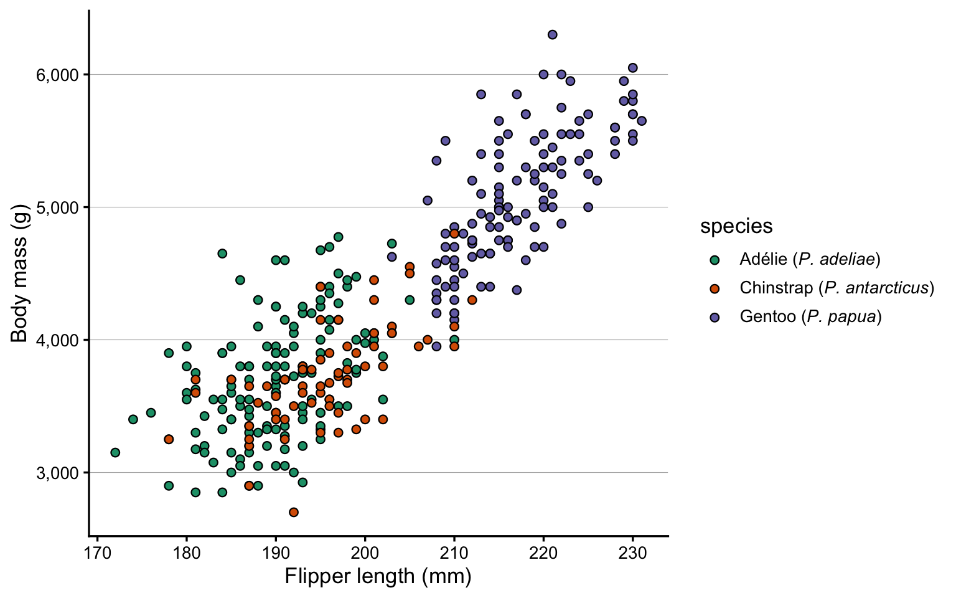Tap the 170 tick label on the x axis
(x=97, y=553)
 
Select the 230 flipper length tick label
(x=632, y=553)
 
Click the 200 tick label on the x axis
(x=365, y=553)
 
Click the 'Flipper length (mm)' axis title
(x=378, y=576)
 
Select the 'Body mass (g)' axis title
(x=20, y=273)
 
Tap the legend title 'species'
(x=736, y=226)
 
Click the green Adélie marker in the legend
(x=715, y=260)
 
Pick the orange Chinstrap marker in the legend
(x=715, y=288)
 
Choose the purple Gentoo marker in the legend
(x=715, y=317)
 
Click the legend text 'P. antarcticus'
(x=877, y=288)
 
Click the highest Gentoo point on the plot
(x=552, y=34)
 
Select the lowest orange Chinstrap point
(x=294, y=512)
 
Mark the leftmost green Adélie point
(x=115, y=452)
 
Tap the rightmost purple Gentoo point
(x=642, y=121)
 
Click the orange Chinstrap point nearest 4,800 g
(x=454, y=234)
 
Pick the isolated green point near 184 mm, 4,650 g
(x=222, y=254)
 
